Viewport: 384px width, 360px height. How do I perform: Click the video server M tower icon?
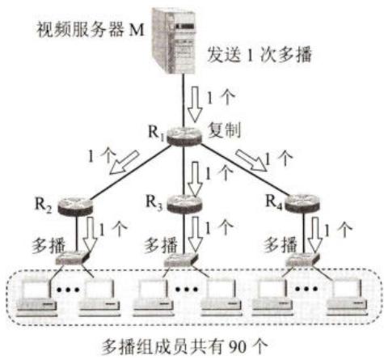click(174, 40)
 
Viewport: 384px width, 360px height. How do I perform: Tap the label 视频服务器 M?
click(91, 29)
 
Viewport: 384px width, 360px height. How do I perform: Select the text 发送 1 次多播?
click(260, 55)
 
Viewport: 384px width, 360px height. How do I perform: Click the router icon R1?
click(184, 136)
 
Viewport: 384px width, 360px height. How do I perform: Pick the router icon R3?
click(184, 204)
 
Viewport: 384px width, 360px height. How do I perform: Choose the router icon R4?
click(302, 204)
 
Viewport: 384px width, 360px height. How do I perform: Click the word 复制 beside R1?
click(224, 130)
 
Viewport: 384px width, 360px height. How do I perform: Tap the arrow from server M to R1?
click(195, 104)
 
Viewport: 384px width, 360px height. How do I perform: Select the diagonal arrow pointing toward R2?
click(124, 162)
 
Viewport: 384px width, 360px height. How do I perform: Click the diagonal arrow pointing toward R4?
click(251, 160)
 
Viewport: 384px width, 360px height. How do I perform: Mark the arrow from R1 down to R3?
click(195, 179)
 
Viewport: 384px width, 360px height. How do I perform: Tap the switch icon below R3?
click(181, 260)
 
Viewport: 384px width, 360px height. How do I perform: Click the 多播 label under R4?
click(281, 245)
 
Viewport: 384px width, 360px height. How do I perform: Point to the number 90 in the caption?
click(237, 347)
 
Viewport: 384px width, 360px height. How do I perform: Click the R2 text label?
click(43, 205)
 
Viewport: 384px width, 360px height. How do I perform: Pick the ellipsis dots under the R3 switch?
click(187, 289)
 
